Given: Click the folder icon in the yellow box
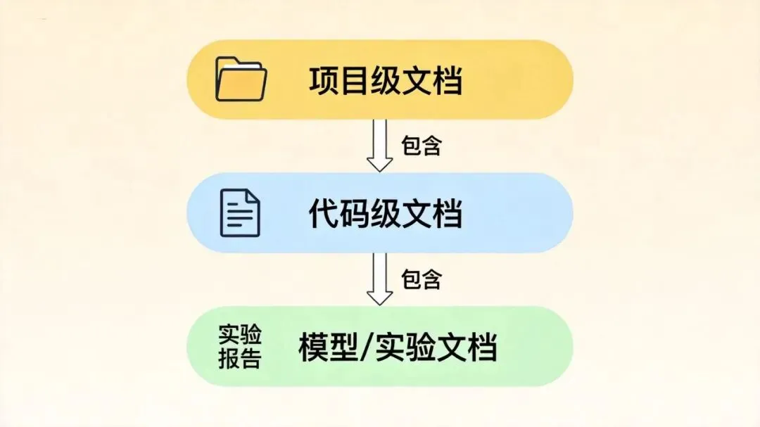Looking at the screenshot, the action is pyautogui.click(x=241, y=79).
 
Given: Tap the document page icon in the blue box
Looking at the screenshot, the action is pyautogui.click(x=240, y=212).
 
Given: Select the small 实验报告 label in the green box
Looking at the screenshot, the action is pyautogui.click(x=240, y=347).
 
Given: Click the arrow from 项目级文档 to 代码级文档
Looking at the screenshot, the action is pyautogui.click(x=380, y=146).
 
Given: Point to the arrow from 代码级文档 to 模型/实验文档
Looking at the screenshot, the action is pyautogui.click(x=380, y=279).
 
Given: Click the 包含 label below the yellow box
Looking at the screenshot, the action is pyautogui.click(x=421, y=146).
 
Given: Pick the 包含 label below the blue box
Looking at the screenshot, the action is pyautogui.click(x=421, y=279).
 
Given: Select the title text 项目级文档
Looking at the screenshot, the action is pyautogui.click(x=386, y=81).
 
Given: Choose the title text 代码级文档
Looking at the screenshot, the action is pyautogui.click(x=386, y=214).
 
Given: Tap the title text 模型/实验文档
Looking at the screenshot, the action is pyautogui.click(x=398, y=348).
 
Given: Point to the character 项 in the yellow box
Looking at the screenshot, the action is pyautogui.click(x=324, y=81).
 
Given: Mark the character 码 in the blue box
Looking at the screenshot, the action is pyautogui.click(x=355, y=214).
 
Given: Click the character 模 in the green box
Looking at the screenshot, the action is pyautogui.click(x=314, y=348).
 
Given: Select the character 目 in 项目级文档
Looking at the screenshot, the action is pyautogui.click(x=355, y=81).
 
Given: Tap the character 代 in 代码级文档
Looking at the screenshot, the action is pyautogui.click(x=324, y=214).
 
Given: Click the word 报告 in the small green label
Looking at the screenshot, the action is pyautogui.click(x=240, y=359).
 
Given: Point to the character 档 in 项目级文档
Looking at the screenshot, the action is pyautogui.click(x=447, y=81).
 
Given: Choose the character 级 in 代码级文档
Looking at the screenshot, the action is pyautogui.click(x=386, y=214).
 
